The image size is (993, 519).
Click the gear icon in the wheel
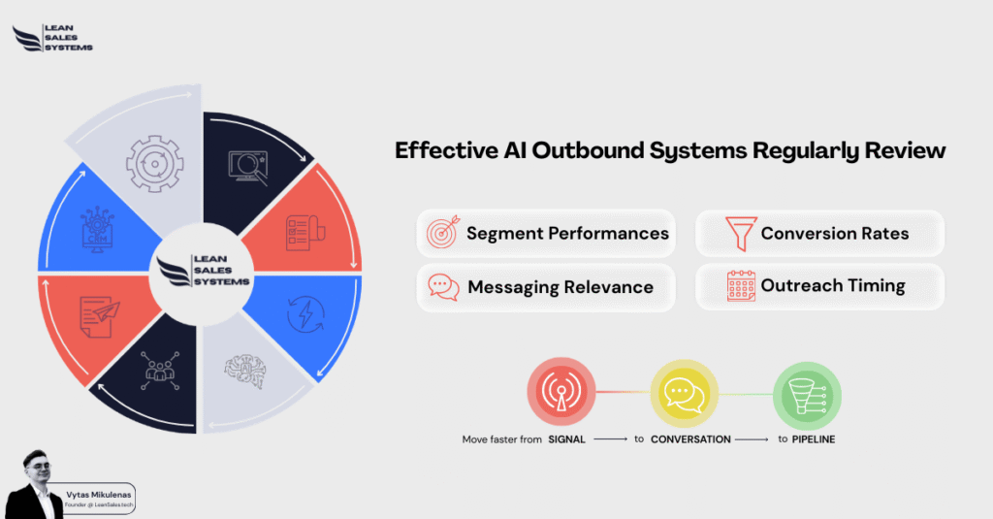[154, 164]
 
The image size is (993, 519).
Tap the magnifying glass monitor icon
[248, 168]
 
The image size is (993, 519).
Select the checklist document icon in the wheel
[305, 233]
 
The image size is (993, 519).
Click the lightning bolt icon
[305, 313]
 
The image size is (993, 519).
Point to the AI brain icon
[245, 372]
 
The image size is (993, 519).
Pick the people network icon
[160, 371]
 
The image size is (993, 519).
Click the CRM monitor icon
[97, 229]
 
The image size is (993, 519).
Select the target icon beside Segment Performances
[442, 232]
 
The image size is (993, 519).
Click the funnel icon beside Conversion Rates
[740, 233]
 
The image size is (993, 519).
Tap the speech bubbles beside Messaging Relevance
[443, 287]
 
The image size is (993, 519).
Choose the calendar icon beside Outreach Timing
[741, 286]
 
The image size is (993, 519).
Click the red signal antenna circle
[561, 392]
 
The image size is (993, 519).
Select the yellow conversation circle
[684, 394]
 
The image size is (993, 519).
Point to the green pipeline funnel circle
[807, 396]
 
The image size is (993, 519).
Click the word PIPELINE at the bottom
[814, 439]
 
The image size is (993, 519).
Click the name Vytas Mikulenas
[99, 495]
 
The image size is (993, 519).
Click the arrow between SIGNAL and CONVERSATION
[611, 439]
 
